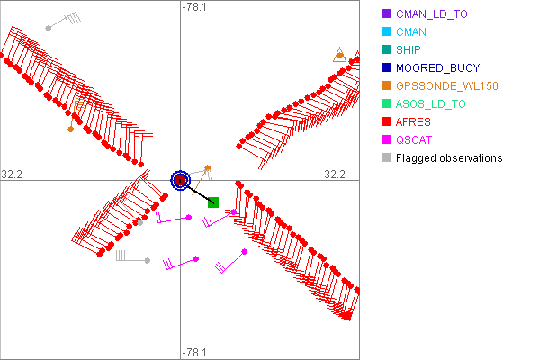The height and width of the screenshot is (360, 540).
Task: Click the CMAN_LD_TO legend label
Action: (431, 14)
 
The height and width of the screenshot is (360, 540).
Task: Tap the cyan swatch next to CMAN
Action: (387, 31)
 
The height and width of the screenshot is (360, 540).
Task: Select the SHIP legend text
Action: (408, 50)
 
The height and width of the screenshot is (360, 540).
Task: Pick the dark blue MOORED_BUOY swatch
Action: (387, 67)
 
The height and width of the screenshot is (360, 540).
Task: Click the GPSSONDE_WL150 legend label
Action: (447, 86)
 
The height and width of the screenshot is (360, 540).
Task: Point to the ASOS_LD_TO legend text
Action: (430, 104)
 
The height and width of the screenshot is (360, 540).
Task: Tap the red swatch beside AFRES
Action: (387, 121)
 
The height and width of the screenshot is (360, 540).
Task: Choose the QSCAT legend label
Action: (414, 140)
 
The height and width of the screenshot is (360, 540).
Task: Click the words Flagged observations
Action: (449, 158)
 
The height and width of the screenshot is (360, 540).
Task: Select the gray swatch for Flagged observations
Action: (387, 157)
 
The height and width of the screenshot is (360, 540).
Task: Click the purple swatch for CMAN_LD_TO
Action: (387, 13)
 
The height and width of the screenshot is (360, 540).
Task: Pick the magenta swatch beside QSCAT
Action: (387, 139)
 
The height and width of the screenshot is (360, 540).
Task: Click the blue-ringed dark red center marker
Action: (181, 180)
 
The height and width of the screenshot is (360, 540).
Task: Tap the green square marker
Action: (213, 202)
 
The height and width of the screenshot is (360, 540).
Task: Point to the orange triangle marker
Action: (340, 55)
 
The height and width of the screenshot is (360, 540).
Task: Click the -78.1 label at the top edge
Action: (194, 7)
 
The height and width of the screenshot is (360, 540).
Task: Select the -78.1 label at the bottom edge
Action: (194, 353)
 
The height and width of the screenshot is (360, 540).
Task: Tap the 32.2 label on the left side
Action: (12, 175)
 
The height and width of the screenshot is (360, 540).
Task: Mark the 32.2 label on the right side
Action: (335, 175)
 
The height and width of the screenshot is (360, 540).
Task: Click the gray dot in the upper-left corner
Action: (49, 28)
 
